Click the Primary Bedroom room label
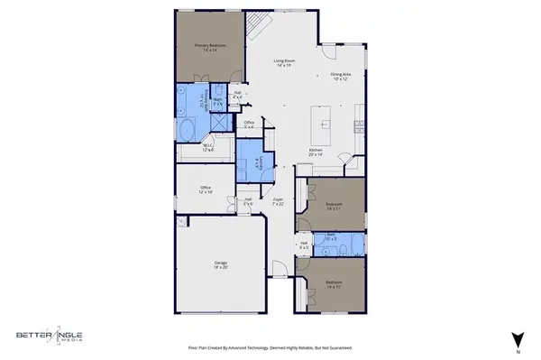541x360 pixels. (x=210, y=46)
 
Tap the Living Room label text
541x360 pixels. (x=286, y=63)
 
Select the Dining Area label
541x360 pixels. (x=341, y=77)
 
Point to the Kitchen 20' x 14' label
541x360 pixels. (x=316, y=152)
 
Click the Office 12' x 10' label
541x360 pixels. (x=206, y=189)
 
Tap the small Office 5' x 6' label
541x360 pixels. (x=250, y=124)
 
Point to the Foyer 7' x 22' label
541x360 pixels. (x=279, y=203)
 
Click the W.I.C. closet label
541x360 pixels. (x=208, y=148)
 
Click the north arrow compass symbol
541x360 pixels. (x=517, y=339)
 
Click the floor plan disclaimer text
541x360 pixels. (x=270, y=346)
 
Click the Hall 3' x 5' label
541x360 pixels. (x=303, y=245)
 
